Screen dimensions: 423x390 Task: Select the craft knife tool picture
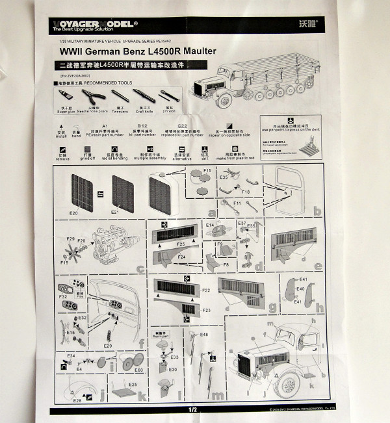[143, 96]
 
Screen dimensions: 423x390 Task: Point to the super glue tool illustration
[65, 96]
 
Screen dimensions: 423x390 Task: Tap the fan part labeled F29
[70, 240]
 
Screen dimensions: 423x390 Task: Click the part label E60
[138, 370]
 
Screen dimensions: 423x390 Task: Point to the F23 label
[206, 311]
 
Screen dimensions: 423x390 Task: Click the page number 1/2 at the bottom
[192, 409]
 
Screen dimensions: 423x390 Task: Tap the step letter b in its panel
[318, 212]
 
